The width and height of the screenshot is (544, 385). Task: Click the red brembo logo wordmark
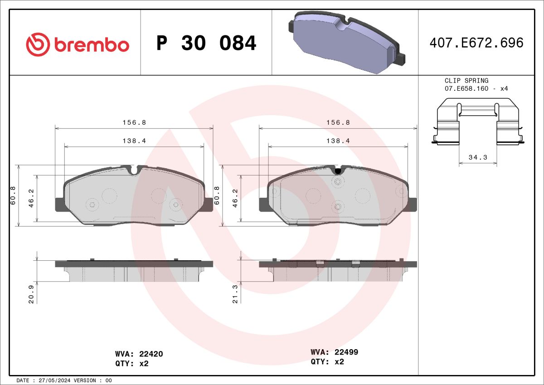(92, 45)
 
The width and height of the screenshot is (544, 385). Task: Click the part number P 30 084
(206, 43)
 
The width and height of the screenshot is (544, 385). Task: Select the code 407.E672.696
(476, 43)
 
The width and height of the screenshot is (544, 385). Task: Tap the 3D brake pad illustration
(347, 42)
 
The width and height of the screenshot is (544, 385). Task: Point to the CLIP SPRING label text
(466, 80)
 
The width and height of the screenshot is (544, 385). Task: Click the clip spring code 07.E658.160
(466, 88)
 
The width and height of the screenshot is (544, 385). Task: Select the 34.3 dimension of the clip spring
(478, 157)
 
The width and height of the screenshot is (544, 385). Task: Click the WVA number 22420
(151, 354)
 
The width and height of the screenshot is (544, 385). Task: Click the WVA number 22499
(346, 352)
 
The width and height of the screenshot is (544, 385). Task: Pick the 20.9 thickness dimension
(31, 294)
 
